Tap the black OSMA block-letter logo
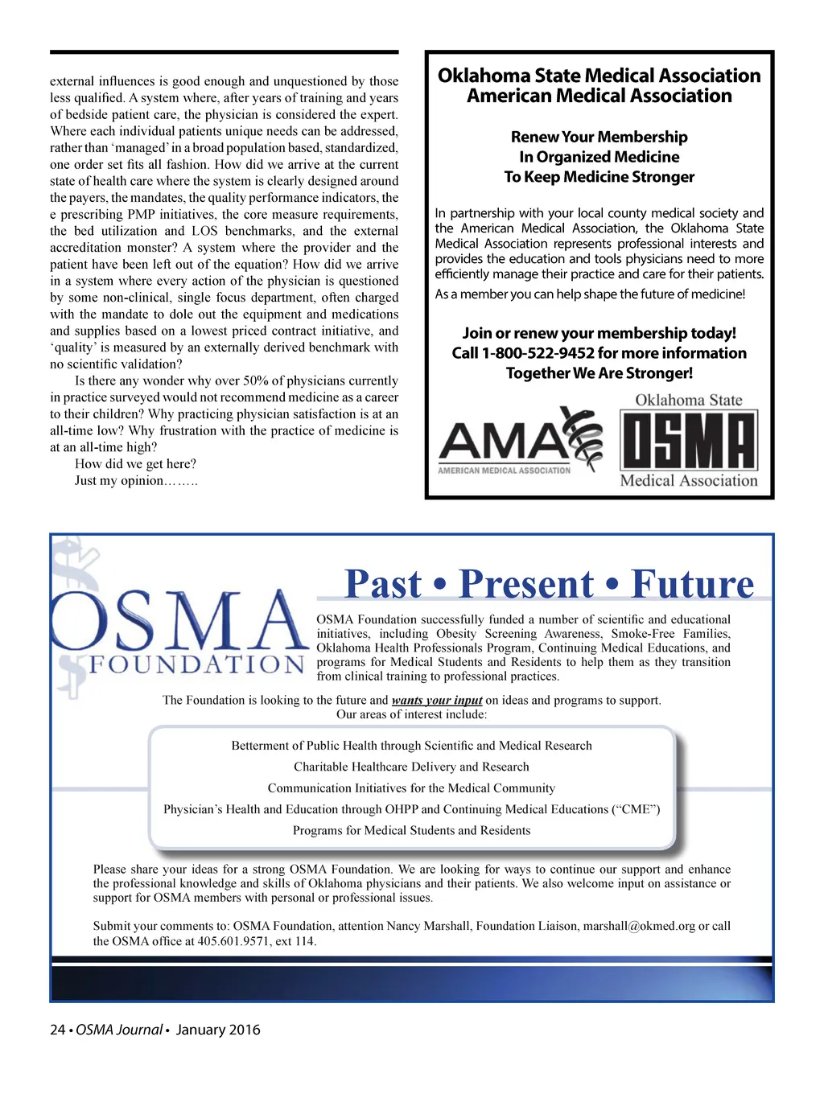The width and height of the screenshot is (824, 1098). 688,441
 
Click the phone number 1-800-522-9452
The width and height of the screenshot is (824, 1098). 538,353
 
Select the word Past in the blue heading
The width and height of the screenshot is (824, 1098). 383,584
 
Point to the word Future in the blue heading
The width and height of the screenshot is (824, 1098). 693,584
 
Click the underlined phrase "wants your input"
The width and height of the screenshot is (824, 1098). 437,701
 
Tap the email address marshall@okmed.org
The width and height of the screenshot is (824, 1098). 638,926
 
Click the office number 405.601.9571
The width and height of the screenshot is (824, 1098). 227,941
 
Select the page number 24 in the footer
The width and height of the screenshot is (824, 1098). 58,1030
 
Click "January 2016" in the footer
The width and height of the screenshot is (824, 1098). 218,1030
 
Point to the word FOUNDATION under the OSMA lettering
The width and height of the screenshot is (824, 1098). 196,665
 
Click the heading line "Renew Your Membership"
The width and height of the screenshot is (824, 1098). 599,137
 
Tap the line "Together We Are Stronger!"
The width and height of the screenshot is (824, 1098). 599,373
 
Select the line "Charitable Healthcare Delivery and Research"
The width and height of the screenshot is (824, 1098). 411,767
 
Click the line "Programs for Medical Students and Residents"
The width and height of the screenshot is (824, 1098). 411,830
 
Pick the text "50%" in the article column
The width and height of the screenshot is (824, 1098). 256,380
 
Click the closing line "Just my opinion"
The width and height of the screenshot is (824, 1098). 135,480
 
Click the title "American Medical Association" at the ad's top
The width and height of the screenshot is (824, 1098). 599,96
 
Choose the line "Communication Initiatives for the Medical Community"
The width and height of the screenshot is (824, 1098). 411,788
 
